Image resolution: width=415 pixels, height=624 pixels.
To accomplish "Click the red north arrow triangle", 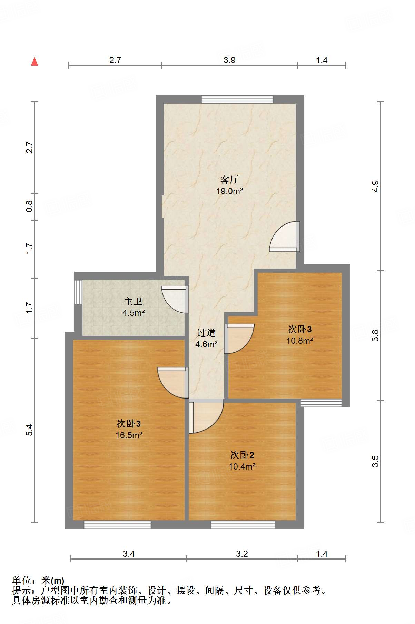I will click(34, 62).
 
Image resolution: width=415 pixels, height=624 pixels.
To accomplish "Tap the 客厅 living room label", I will click(229, 180).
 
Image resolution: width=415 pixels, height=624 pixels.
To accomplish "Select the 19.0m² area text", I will click(229, 191).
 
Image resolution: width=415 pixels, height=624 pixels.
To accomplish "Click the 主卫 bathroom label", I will click(133, 302).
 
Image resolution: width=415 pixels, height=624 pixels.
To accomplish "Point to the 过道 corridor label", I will click(206, 333).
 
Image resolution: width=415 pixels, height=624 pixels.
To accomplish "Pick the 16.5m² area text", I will click(129, 435).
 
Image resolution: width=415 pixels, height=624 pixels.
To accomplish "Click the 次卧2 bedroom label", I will click(242, 455).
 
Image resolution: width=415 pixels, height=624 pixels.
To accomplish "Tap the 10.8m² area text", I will click(299, 341).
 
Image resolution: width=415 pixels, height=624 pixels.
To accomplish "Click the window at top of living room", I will click(237, 100).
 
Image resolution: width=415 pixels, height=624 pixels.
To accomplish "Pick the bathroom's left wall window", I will click(78, 292).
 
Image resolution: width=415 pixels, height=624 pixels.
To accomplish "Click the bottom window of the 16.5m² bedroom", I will click(117, 524).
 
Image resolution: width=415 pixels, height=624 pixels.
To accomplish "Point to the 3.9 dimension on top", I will click(229, 60).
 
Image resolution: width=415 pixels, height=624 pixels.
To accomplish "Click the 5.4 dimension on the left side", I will click(30, 430).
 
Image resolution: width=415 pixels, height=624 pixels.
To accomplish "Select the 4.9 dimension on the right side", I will click(375, 186).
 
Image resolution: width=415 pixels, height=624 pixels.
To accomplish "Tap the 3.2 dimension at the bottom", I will click(242, 554).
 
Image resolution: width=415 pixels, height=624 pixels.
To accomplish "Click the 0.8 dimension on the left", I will click(30, 206).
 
